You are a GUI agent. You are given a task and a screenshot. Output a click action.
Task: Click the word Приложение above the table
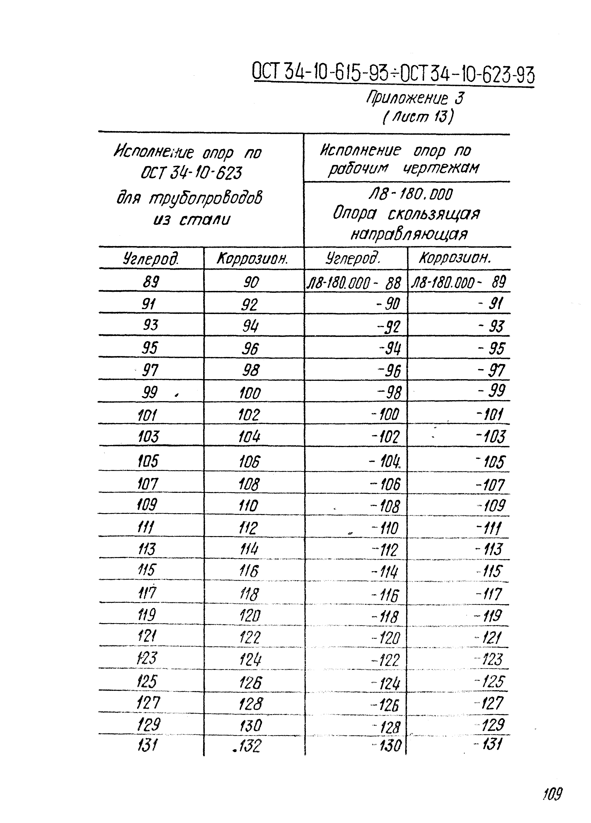[407, 98]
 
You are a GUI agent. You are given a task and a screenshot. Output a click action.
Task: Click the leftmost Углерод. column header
[151, 259]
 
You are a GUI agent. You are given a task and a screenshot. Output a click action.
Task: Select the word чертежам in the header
[441, 168]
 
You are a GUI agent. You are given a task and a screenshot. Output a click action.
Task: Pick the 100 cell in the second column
[250, 393]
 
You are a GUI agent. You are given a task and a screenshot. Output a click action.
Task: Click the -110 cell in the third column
[385, 528]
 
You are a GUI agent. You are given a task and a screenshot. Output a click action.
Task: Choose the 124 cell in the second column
[250, 659]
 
